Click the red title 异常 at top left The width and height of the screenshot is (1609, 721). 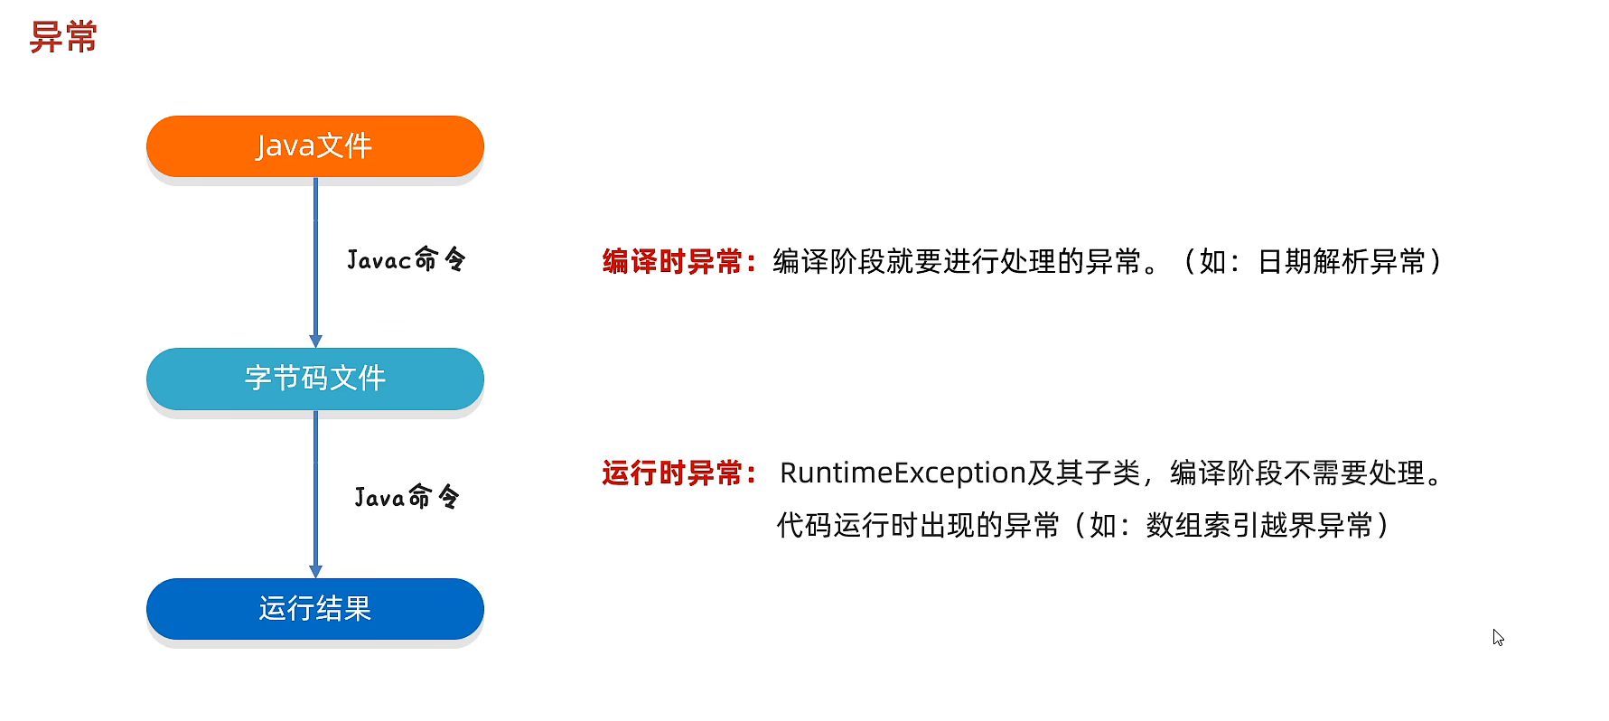63,37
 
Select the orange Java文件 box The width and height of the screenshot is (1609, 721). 314,146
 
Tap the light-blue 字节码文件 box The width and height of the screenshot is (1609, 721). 314,379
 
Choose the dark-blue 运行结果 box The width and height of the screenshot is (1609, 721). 314,609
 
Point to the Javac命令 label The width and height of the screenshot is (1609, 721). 406,260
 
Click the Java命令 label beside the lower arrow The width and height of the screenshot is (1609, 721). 407,497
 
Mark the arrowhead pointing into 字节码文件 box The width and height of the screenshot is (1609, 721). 315,341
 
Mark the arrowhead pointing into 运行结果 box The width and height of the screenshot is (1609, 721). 315,571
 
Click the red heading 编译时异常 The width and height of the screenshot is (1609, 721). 673,262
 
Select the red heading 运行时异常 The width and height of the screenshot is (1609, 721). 673,473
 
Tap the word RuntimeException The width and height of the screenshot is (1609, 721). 903,473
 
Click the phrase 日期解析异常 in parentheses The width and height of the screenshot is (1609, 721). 1341,262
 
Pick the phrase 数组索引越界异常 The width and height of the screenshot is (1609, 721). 1259,526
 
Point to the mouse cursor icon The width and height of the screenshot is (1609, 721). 1497,637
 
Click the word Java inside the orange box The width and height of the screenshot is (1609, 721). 285,146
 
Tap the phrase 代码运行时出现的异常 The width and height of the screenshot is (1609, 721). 918,526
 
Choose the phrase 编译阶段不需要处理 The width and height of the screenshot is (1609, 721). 1297,473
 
